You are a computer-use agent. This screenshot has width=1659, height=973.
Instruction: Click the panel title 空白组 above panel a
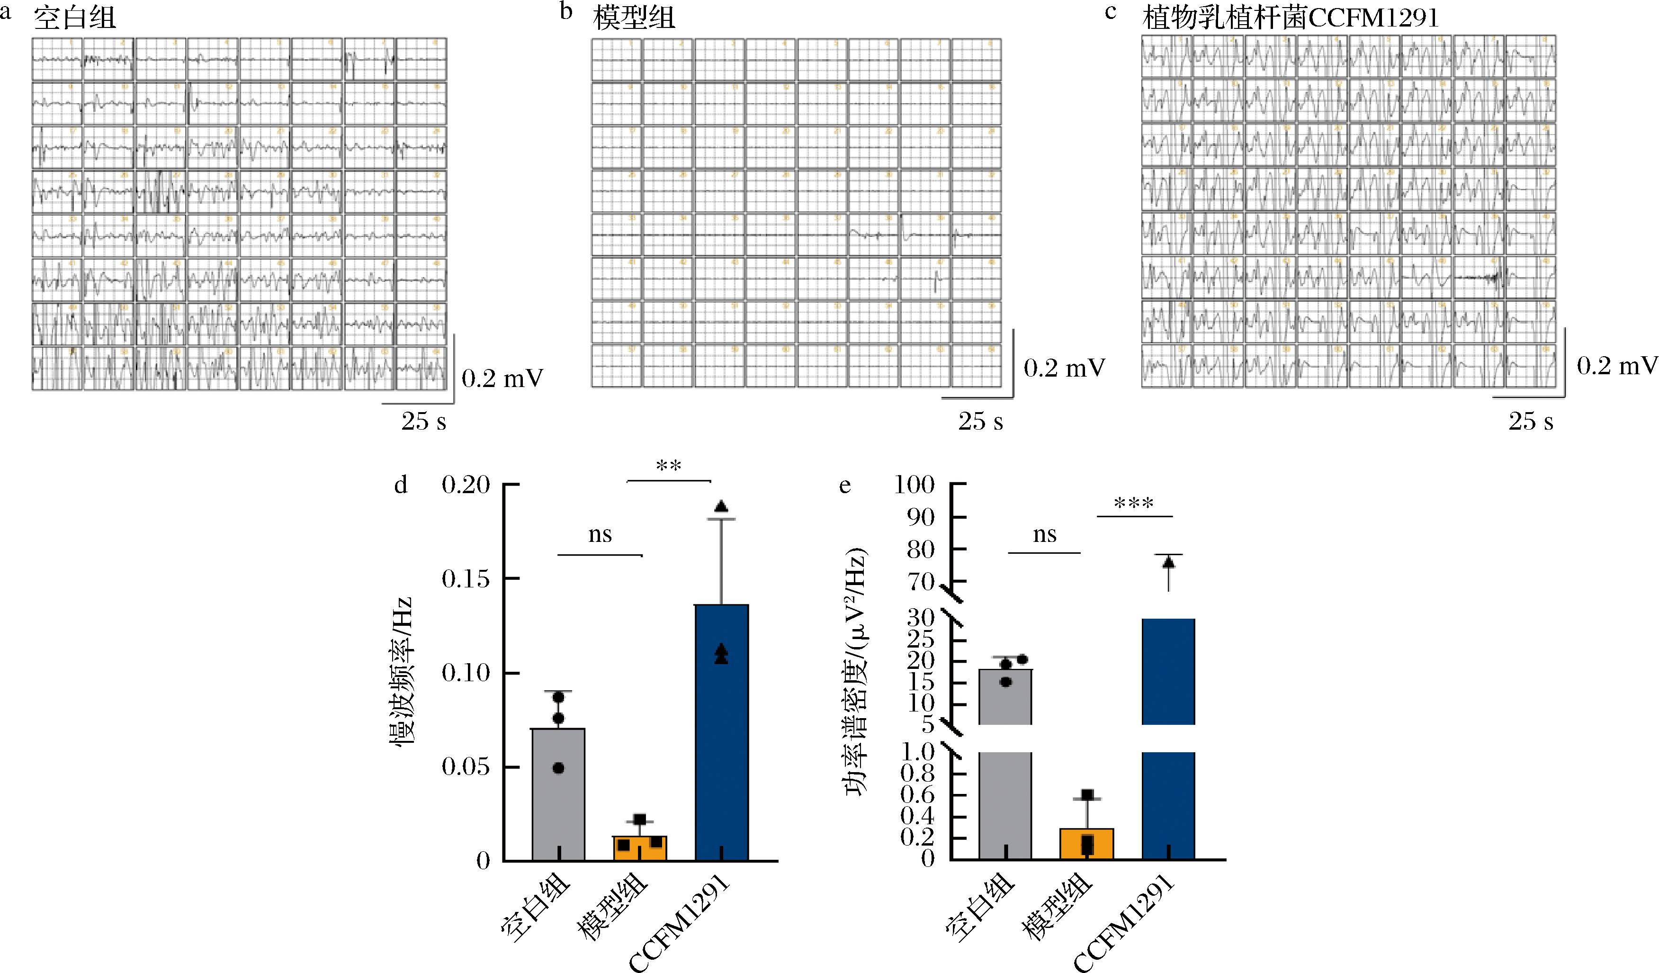pos(74,17)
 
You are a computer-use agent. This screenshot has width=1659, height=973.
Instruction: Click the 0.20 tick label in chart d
pos(466,485)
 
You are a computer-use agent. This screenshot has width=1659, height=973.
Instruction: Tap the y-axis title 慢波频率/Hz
pos(401,672)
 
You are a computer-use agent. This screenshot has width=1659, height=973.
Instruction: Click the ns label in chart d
pos(600,534)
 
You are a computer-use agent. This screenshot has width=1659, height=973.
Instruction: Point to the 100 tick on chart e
pos(915,485)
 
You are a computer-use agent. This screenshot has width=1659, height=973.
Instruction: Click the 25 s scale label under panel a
pos(423,421)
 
